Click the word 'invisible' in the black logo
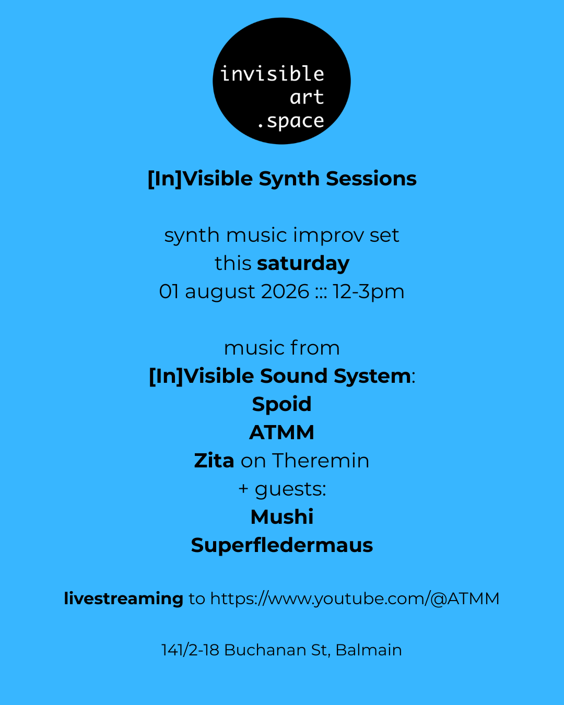[272, 73]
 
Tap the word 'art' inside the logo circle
[307, 97]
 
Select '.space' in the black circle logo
[291, 121]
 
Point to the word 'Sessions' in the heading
[371, 179]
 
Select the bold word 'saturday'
[303, 263]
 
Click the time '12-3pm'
[368, 292]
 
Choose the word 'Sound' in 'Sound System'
[293, 376]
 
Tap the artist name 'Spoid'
[282, 404]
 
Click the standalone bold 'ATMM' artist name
[282, 432]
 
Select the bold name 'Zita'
[214, 460]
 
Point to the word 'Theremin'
[321, 461]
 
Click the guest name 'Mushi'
[282, 517]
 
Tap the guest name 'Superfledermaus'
[282, 545]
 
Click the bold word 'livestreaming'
[124, 599]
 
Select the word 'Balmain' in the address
[369, 650]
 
